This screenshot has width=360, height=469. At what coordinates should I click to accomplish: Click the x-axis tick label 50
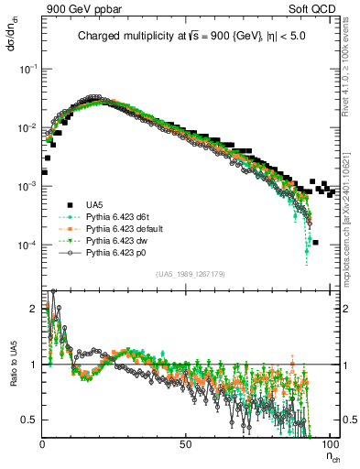185,442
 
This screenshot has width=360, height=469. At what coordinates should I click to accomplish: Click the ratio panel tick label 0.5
30,420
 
